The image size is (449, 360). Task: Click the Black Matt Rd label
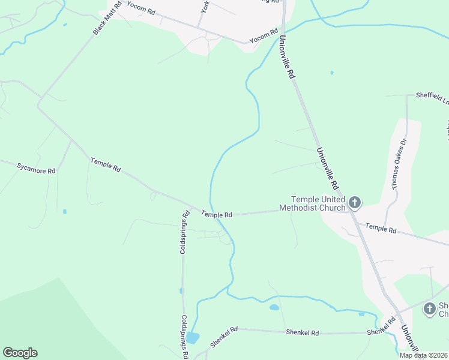pos(107,17)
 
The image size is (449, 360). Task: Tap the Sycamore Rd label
pos(36,167)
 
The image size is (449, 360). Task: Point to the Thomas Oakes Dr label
pos(400,164)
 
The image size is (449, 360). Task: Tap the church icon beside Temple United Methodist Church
pos(355,203)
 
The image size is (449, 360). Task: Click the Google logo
pos(20,353)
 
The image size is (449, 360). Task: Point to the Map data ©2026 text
pos(423,355)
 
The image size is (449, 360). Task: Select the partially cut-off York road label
pos(205,7)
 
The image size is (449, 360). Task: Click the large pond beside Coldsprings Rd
pos(193,337)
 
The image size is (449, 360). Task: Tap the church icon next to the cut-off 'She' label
pos(429,308)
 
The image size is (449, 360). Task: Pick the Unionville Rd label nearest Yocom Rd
pos(287,58)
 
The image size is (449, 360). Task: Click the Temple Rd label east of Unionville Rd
pos(381,229)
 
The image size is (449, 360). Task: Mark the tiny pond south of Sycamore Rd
pos(64,211)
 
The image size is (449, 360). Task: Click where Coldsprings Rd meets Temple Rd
pos(190,208)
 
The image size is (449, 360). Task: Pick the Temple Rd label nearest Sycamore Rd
pos(106,165)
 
